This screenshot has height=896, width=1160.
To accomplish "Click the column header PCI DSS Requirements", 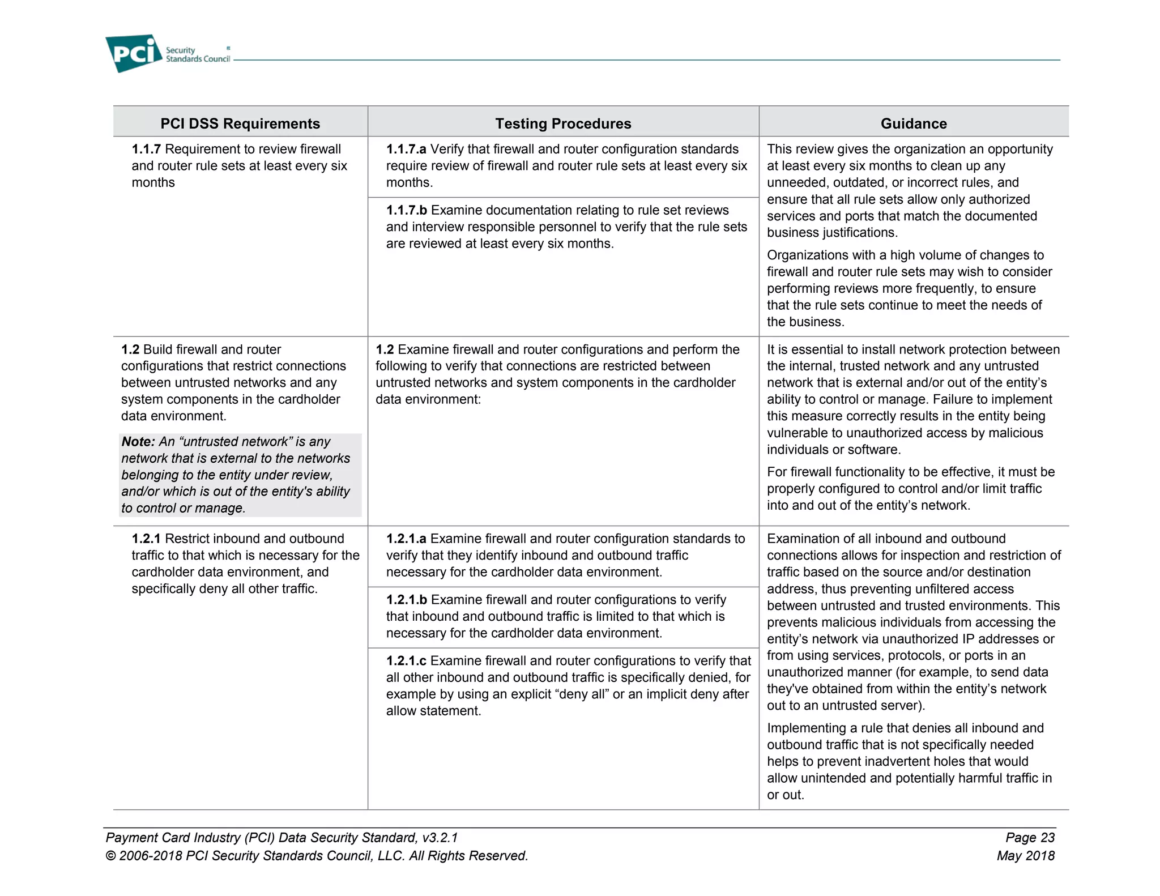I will pyautogui.click(x=240, y=123).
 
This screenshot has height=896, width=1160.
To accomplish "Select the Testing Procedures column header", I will pyautogui.click(x=563, y=123).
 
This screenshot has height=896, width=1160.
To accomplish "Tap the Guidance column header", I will pyautogui.click(x=913, y=123).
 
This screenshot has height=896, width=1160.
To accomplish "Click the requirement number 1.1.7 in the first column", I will pyautogui.click(x=146, y=149).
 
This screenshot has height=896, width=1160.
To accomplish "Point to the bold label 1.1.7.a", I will pyautogui.click(x=406, y=149).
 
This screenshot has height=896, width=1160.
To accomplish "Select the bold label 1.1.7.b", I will pyautogui.click(x=406, y=210).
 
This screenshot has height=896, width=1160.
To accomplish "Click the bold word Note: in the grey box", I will pyautogui.click(x=138, y=442).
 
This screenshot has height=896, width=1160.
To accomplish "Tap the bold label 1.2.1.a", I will pyautogui.click(x=406, y=539).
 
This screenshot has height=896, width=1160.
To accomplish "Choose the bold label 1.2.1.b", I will pyautogui.click(x=406, y=600).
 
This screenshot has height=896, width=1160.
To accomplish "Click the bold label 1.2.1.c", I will pyautogui.click(x=406, y=661).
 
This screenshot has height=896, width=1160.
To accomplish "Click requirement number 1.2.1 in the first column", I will pyautogui.click(x=146, y=539).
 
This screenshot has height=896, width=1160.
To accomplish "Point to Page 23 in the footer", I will pyautogui.click(x=1030, y=838).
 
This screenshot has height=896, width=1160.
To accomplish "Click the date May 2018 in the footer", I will pyautogui.click(x=1026, y=856).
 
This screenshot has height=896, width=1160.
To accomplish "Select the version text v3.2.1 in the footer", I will pyautogui.click(x=440, y=838).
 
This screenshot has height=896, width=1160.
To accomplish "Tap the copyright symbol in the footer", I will pyautogui.click(x=110, y=856).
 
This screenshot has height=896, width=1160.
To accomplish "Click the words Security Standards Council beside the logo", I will pyautogui.click(x=197, y=55).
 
